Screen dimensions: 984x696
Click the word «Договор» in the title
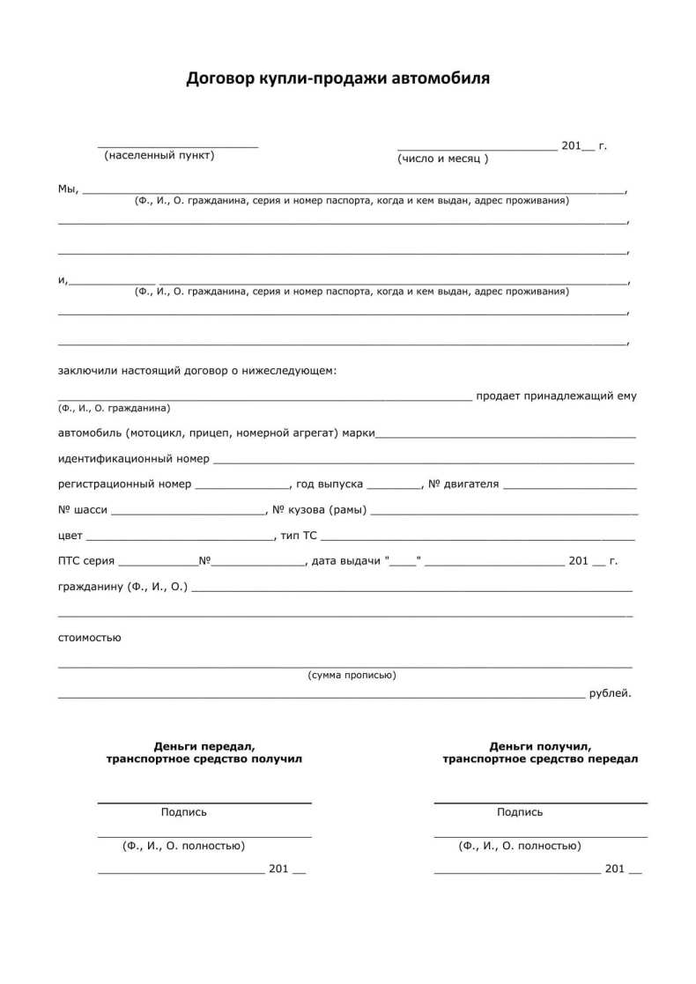coord(220,78)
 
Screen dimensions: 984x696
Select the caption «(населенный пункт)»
coord(159,156)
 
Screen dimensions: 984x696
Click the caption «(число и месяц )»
coord(442,159)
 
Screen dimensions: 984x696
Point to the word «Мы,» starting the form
coord(69,189)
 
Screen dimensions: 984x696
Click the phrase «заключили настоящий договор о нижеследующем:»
coord(197,371)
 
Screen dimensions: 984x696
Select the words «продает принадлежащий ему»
coord(556,396)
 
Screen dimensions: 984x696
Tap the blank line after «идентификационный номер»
coord(423,461)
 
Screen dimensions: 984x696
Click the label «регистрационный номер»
coord(124,484)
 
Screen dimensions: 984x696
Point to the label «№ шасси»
coord(83,509)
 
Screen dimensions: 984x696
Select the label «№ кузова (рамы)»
coord(319,510)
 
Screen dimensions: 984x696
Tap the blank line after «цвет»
coord(181,537)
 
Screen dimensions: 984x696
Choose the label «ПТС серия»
coord(86,560)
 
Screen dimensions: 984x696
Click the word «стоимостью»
coord(90,637)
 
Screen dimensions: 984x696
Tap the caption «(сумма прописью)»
coord(352,675)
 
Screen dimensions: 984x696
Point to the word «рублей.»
coord(611,693)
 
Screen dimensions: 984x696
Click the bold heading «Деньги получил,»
coord(540,745)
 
